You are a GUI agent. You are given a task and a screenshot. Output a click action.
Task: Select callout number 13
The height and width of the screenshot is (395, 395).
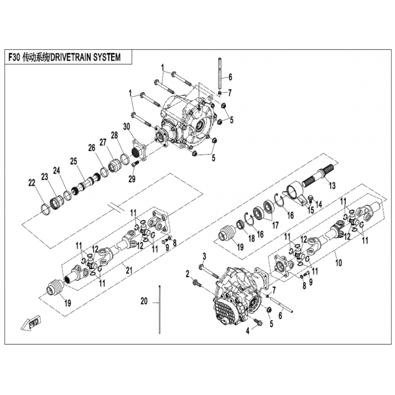(x=332, y=186)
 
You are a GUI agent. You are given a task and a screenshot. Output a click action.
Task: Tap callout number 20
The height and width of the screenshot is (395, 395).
(x=144, y=301)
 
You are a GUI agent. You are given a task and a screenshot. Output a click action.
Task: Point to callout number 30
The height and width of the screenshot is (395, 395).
(x=126, y=127)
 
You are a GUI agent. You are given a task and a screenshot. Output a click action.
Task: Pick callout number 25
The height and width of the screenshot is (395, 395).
(x=74, y=161)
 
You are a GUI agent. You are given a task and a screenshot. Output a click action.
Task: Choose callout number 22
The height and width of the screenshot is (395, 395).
(x=32, y=183)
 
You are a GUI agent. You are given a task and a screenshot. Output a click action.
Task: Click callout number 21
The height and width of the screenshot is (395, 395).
(x=129, y=271)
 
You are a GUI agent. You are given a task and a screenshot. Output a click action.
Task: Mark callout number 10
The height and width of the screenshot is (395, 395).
(x=339, y=263)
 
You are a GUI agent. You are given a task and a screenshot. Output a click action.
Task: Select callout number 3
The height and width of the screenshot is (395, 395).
(x=204, y=257)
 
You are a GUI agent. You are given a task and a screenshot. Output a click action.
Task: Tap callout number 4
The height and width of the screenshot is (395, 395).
(x=248, y=331)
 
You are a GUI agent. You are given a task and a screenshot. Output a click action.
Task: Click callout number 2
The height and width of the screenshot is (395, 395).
(x=188, y=274)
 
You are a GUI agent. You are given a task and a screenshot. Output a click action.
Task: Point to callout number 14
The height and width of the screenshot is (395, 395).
(x=318, y=204)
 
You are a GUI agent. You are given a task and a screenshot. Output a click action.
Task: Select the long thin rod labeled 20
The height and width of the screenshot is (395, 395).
(x=159, y=310)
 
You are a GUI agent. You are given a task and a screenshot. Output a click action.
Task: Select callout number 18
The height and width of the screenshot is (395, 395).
(x=251, y=238)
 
